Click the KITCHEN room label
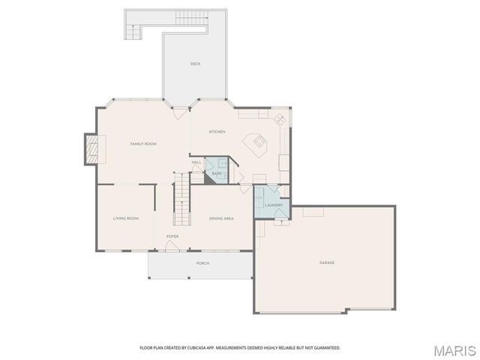(x=217, y=132)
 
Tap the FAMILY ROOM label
(x=143, y=143)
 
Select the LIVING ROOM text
(x=126, y=218)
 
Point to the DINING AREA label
(x=221, y=218)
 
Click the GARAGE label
(x=327, y=262)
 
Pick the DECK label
(x=195, y=64)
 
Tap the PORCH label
(x=202, y=263)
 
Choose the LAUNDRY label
(x=273, y=205)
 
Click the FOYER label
(x=172, y=236)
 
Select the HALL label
(x=196, y=162)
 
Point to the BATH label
(x=216, y=174)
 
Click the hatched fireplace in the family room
(x=91, y=148)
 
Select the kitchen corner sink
(x=279, y=118)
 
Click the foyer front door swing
(x=172, y=247)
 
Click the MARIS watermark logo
(x=453, y=350)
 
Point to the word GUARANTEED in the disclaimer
(x=325, y=348)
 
